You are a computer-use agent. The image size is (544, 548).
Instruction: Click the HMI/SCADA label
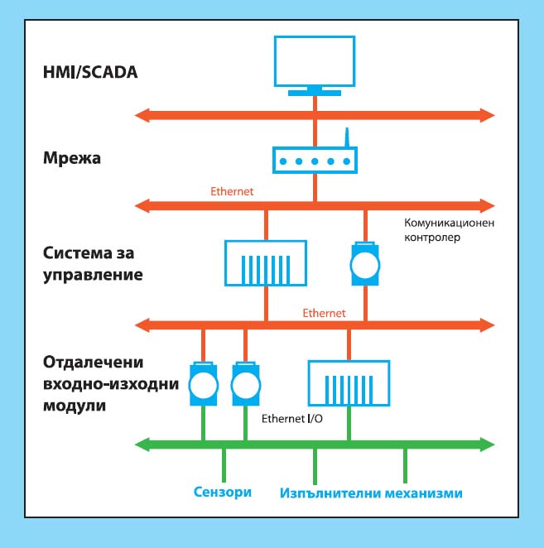pos(90,72)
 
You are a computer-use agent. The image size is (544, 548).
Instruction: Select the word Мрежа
pos(72,158)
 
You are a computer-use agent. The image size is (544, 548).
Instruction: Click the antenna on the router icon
pos(347,137)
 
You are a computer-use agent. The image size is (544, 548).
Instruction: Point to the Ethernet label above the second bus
pos(232,191)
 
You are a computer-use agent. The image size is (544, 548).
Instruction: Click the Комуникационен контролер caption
pos(450,230)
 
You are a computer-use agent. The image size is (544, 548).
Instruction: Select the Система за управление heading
pos(93,264)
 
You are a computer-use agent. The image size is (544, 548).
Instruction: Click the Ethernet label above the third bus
pos(324,313)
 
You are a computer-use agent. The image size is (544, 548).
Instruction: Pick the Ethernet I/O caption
pos(292,419)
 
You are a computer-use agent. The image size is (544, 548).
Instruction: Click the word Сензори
pos(223,492)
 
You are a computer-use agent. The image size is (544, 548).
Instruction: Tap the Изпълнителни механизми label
pos(371,493)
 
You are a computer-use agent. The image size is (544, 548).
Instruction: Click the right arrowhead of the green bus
pos(488,445)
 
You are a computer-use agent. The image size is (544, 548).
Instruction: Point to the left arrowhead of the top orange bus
pos(142,115)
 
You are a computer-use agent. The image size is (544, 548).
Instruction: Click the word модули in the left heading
pos(75,406)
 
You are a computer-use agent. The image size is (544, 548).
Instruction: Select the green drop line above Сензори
pos(224,465)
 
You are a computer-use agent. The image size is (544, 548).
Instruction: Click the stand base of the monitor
pos(315,93)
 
